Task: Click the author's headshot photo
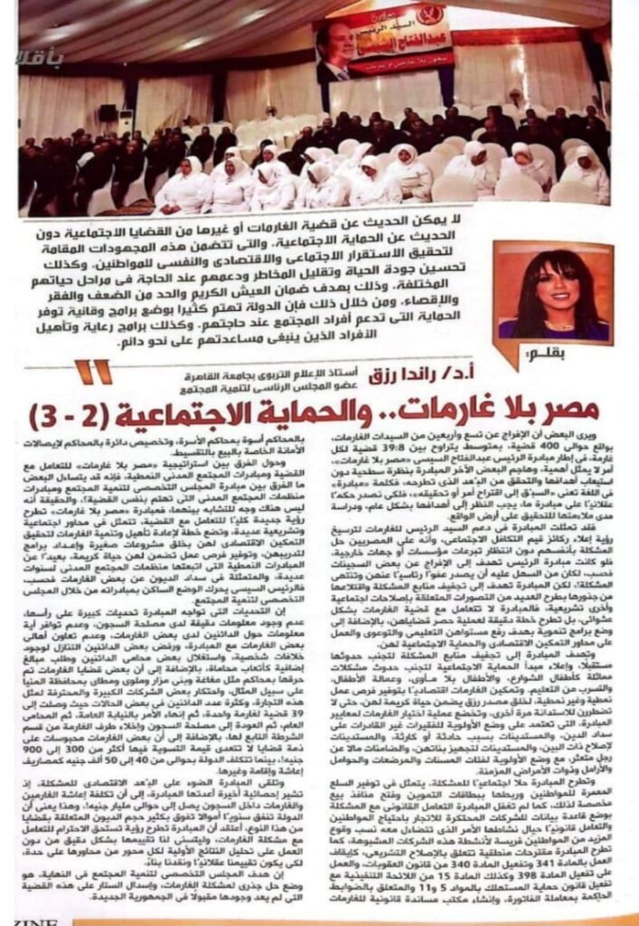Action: (552, 290)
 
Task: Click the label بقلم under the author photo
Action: (586, 350)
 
